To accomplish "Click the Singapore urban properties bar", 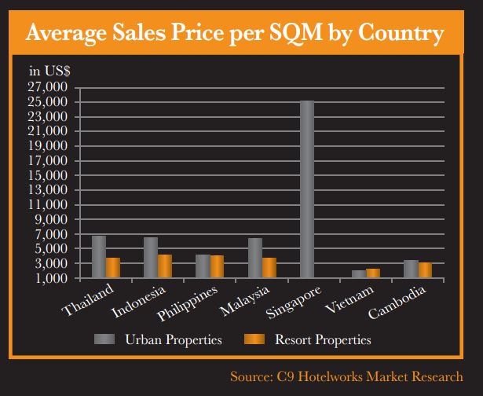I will click(x=307, y=189).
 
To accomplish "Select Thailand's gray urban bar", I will click(x=99, y=257).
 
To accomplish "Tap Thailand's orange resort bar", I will click(x=113, y=267).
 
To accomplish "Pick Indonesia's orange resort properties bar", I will click(x=165, y=266).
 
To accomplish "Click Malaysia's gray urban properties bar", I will click(x=255, y=258).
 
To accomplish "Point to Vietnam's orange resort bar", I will click(x=373, y=273).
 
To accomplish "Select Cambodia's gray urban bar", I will click(x=411, y=269).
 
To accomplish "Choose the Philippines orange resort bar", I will click(x=217, y=266).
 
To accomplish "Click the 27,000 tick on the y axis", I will click(x=49, y=87).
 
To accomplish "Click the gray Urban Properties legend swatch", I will click(x=105, y=340).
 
